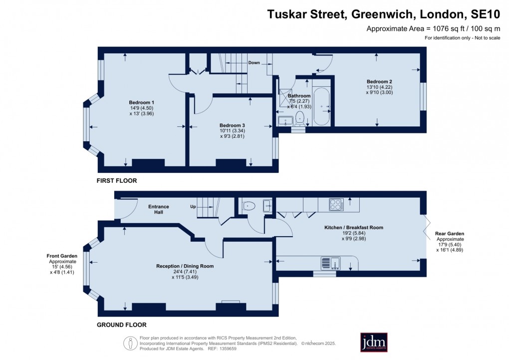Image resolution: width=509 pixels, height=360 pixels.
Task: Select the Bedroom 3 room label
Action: (232, 125)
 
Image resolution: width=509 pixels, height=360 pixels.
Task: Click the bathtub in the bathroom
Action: (321, 106)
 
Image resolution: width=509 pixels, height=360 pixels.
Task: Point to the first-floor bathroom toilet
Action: (300, 118)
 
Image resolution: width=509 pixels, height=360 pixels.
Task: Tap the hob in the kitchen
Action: (336, 205)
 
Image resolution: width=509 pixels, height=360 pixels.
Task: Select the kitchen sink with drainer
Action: (331, 263)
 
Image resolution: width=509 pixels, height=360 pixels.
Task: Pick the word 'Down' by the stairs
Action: (254, 63)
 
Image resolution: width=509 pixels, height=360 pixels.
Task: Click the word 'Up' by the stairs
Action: (193, 207)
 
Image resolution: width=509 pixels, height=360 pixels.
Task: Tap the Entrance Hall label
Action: (158, 209)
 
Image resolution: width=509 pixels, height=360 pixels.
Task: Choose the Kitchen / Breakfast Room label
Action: (354, 228)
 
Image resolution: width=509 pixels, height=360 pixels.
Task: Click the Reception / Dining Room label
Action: (185, 266)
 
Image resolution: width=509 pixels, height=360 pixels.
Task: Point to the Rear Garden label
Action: (450, 234)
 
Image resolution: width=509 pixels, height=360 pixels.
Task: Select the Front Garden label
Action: (62, 256)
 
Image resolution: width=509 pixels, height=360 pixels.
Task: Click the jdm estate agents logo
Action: (374, 342)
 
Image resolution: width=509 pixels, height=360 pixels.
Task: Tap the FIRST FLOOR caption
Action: (117, 181)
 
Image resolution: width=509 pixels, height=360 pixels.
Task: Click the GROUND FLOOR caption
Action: (122, 325)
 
